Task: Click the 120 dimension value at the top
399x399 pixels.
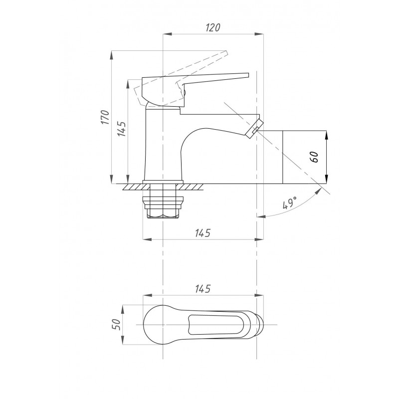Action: coord(213,27)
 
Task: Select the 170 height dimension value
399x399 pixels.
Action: coord(105,117)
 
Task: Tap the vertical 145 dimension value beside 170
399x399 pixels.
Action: coord(122,129)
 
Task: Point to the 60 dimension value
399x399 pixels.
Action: coord(315,157)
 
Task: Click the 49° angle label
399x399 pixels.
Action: coord(290,202)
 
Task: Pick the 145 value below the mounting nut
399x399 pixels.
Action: coord(203,233)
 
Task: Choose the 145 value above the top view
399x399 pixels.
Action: coord(203,289)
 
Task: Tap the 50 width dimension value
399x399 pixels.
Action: coord(116,325)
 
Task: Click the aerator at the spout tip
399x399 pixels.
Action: coord(254,129)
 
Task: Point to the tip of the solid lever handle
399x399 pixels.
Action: coord(247,74)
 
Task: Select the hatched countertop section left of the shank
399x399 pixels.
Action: coord(135,187)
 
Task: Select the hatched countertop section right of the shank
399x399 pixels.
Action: coord(190,187)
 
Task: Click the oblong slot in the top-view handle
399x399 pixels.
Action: coord(216,325)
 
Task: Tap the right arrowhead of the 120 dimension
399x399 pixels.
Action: coord(259,34)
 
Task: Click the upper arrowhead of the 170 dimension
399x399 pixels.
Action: coord(111,55)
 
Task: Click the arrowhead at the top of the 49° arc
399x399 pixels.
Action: coord(318,191)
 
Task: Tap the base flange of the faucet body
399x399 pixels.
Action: coord(163,182)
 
